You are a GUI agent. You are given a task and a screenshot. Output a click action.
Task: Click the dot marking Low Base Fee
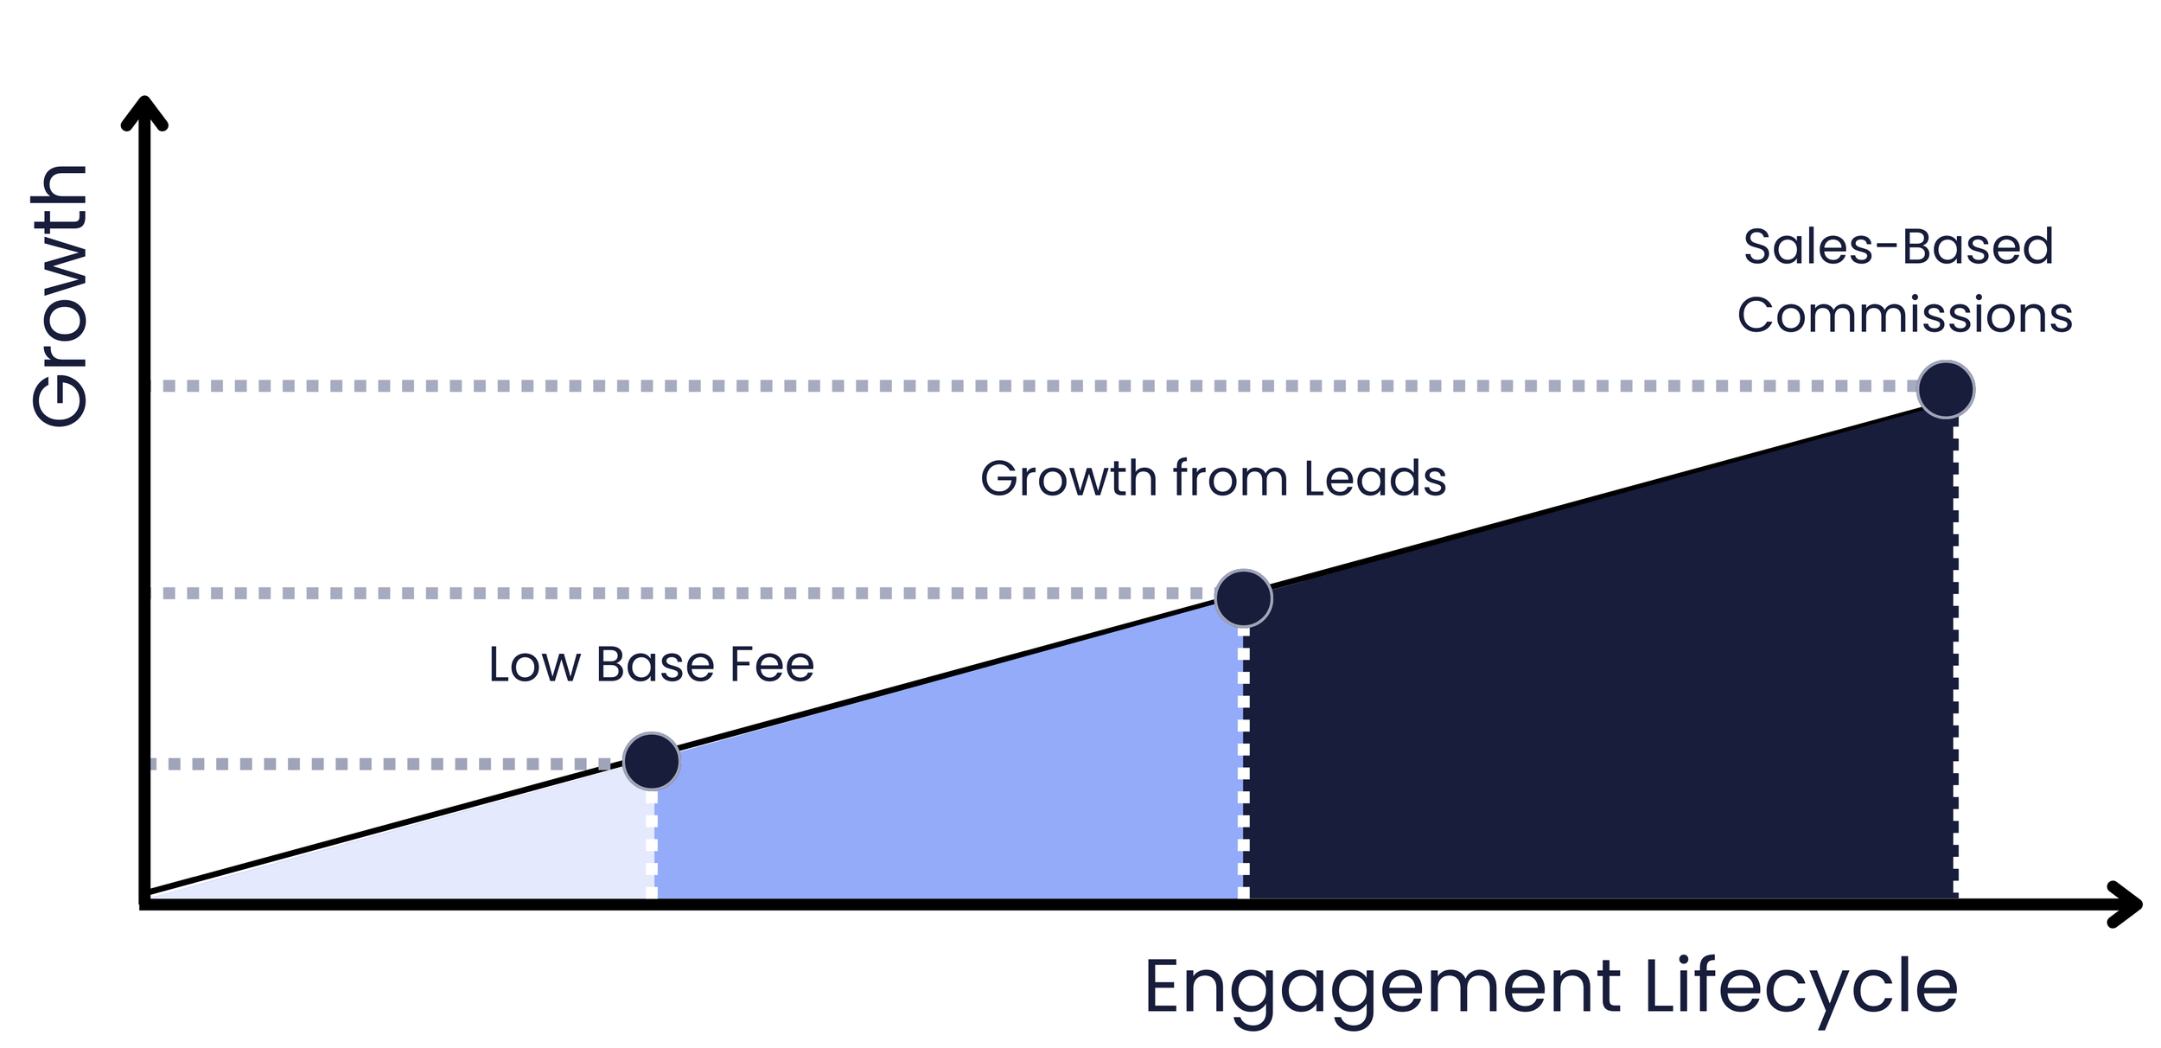point(651,761)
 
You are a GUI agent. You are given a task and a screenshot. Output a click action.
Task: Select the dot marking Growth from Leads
point(1243,597)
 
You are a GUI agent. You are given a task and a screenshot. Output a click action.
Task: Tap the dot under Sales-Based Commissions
point(1945,389)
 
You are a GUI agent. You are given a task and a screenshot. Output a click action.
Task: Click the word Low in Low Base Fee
point(533,665)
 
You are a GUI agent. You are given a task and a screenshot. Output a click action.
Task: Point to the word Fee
point(772,665)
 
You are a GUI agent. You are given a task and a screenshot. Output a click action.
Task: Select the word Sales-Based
point(1897,246)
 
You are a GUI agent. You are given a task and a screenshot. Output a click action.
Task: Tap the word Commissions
point(1904,315)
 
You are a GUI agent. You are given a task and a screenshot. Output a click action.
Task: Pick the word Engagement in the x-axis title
point(1382,987)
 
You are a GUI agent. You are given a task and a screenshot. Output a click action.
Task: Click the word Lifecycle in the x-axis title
point(1801,987)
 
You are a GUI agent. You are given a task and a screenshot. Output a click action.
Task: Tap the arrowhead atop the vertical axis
point(144,112)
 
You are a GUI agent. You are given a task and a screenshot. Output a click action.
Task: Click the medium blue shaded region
point(951,796)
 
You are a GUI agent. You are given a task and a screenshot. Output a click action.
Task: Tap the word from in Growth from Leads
point(1229,478)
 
